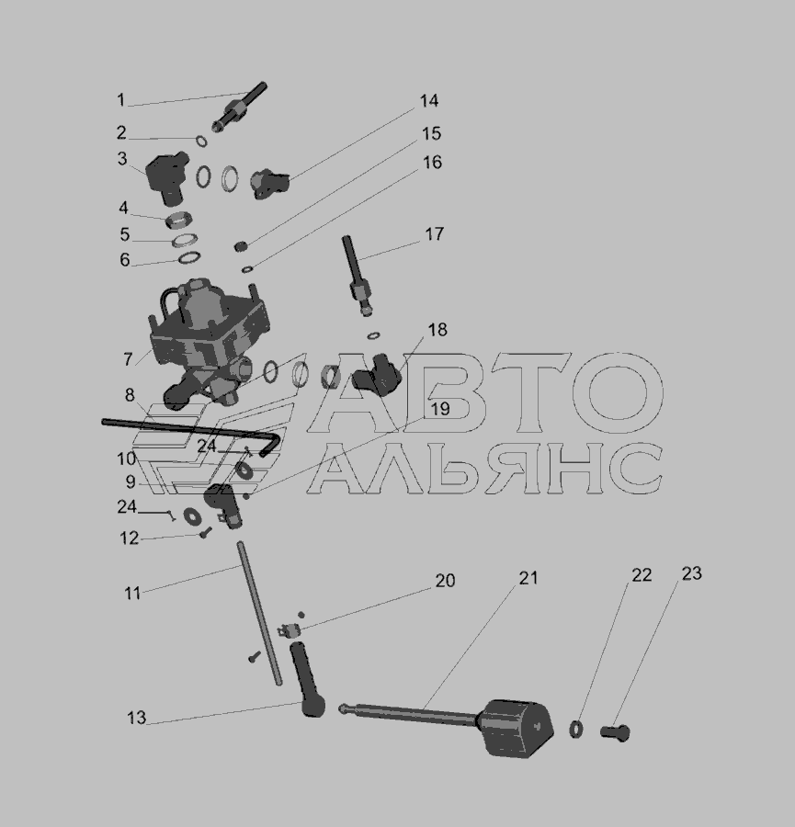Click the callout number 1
[x=120, y=99]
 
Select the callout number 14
[x=429, y=101]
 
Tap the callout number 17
[x=434, y=234]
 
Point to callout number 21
[x=528, y=578]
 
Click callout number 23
[x=691, y=573]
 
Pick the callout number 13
[x=136, y=718]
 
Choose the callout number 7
[x=128, y=359]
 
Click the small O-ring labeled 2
[x=201, y=142]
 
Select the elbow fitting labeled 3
[x=166, y=178]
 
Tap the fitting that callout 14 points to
[x=269, y=183]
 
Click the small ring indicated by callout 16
[x=247, y=269]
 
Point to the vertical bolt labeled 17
[x=358, y=276]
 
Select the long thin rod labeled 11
[x=259, y=614]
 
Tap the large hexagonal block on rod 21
[x=517, y=729]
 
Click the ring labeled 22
[x=576, y=729]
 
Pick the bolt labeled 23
[x=615, y=732]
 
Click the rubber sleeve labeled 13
[x=307, y=679]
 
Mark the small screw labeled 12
[x=205, y=533]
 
